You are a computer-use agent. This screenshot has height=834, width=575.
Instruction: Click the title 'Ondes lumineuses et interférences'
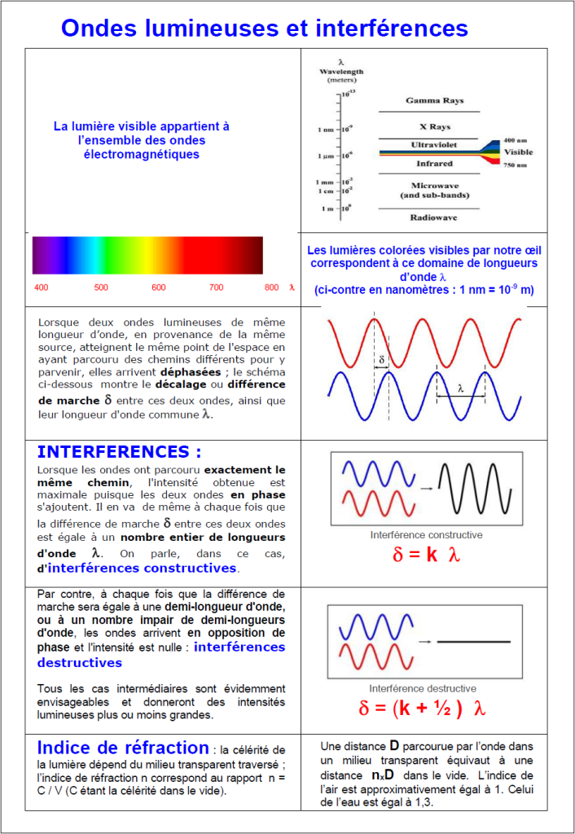[x=265, y=29]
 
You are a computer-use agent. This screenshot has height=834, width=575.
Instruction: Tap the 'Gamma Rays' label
[x=435, y=101]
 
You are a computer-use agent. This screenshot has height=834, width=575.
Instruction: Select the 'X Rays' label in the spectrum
[x=435, y=127]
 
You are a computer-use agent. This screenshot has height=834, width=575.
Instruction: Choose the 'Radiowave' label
[x=432, y=217]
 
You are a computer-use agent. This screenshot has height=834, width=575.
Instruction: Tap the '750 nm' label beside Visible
[x=516, y=165]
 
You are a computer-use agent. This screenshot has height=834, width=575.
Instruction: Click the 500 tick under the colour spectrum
[x=101, y=288]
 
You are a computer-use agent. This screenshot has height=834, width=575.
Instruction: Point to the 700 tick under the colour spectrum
[x=216, y=288]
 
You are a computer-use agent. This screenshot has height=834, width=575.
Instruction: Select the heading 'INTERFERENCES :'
[x=119, y=452]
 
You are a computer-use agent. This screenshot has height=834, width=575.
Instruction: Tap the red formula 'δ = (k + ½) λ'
[x=422, y=708]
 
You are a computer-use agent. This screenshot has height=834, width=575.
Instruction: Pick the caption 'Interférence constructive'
[x=426, y=535]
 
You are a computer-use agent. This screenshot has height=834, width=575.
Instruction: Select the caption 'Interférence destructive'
[x=423, y=688]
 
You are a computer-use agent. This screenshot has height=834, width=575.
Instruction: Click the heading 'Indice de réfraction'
[x=123, y=748]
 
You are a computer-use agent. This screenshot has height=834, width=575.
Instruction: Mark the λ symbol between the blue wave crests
[x=460, y=388]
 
